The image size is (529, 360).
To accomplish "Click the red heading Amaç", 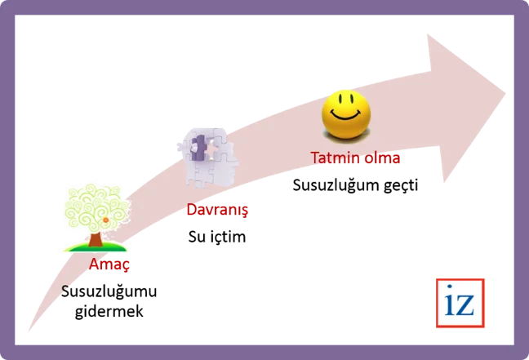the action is point(109,264).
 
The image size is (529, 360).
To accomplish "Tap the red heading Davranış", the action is point(217,210).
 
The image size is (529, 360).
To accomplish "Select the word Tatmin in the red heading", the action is point(333,158).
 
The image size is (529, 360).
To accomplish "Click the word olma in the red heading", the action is point(380,158).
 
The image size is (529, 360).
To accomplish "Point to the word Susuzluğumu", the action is point(109,292).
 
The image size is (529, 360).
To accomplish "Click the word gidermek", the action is point(109,311).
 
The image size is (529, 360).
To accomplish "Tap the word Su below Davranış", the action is point(195,237).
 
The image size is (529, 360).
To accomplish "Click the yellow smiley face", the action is point(346,113).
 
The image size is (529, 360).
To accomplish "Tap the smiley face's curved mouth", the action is point(345,115).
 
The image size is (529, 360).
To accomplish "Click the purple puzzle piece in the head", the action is point(198,148).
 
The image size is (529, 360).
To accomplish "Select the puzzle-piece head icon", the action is point(207,158).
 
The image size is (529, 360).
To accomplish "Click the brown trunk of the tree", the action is point(96,239).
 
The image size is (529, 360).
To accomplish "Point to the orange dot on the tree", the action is point(105,220).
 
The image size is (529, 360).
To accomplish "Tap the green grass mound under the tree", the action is point(96,247).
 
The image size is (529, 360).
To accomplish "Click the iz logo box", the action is point(460,303).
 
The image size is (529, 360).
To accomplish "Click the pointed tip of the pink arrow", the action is point(505,94).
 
